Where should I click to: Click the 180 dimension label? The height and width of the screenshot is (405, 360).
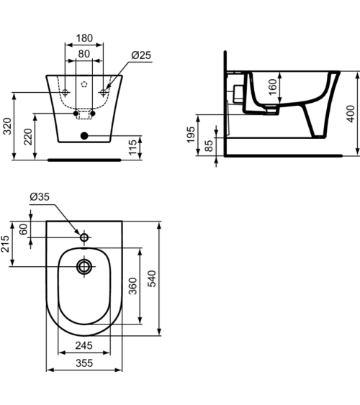(85, 37)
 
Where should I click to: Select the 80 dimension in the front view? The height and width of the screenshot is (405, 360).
(85, 53)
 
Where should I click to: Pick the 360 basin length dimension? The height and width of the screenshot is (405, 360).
(131, 286)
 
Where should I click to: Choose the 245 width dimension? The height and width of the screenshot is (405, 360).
(84, 345)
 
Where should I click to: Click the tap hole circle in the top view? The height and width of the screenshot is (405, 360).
(84, 237)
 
